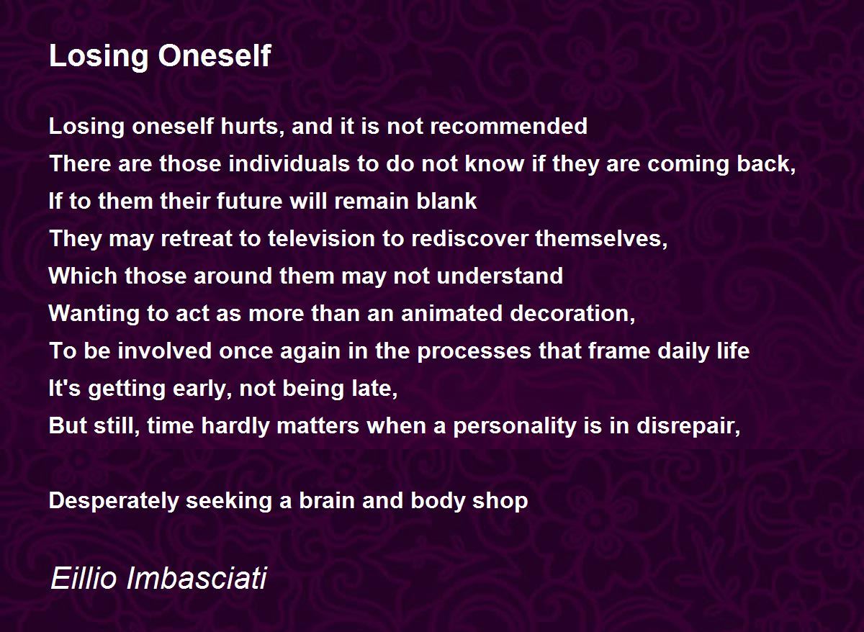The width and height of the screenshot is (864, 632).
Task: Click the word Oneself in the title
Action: click(x=215, y=56)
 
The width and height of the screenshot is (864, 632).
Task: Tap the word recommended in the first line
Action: click(x=509, y=126)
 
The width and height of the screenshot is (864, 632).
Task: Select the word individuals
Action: click(x=289, y=163)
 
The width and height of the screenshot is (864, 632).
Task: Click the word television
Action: click(x=321, y=238)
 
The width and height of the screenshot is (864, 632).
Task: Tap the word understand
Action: click(x=500, y=276)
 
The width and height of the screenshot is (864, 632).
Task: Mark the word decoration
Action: click(x=572, y=314)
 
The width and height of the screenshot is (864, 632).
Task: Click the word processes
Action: click(x=474, y=351)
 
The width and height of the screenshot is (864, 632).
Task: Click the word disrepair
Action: click(x=688, y=426)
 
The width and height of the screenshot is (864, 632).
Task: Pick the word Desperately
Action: click(x=114, y=501)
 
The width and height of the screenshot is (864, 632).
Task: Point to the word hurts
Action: click(x=249, y=127)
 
